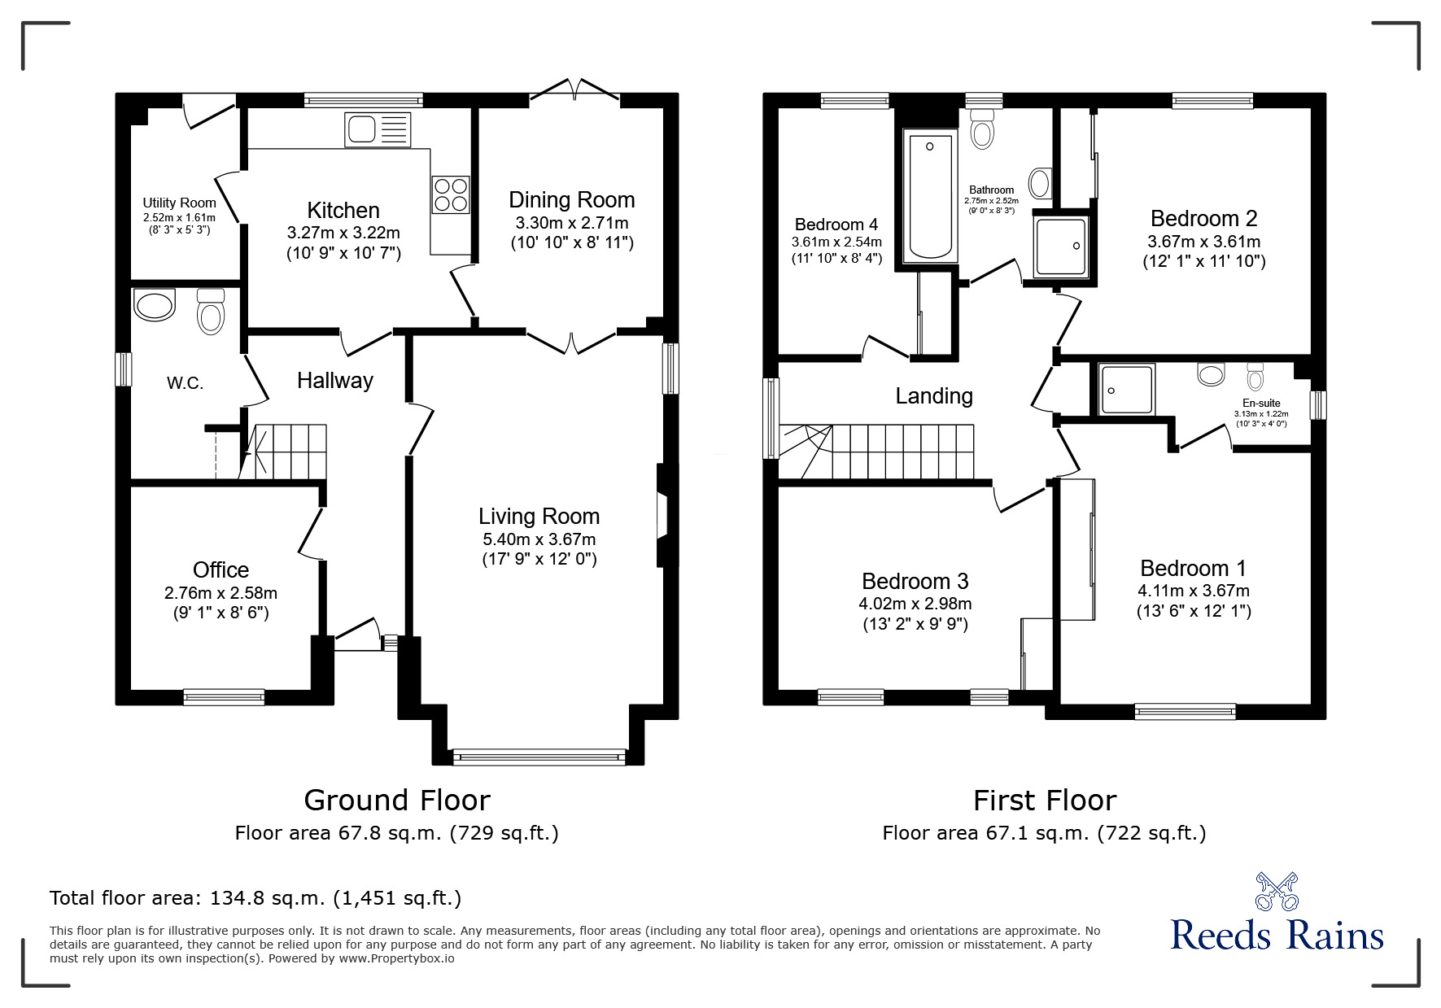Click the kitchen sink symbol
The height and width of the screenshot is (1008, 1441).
[376, 129]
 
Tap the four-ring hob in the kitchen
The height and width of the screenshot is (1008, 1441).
[450, 194]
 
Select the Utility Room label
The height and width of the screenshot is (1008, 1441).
[179, 203]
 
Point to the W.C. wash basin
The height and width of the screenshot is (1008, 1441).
[155, 307]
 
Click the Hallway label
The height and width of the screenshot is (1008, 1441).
[334, 380]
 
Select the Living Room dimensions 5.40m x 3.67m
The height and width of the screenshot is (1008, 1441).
[539, 539]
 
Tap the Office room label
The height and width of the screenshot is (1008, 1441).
[221, 569]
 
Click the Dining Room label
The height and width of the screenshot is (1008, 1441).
[571, 200]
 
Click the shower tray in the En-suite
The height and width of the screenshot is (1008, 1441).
[1126, 390]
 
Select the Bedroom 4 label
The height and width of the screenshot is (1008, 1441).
[836, 225]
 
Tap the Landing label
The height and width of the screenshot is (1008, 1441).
[933, 396]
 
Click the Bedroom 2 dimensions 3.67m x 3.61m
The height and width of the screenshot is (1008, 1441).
[1203, 242]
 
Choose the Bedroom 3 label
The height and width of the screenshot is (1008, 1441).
[915, 581]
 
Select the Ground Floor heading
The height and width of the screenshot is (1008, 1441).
[396, 800]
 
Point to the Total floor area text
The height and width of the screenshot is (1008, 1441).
[255, 898]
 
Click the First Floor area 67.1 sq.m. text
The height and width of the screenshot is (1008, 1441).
[1044, 833]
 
